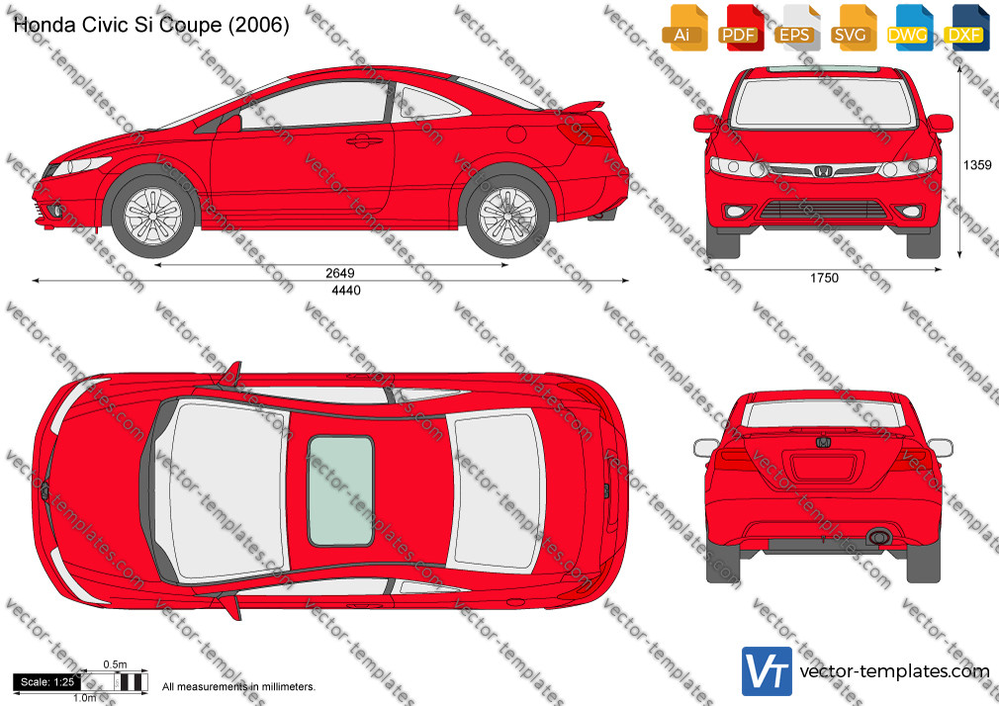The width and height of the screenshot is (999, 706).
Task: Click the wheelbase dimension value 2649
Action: (x=339, y=273)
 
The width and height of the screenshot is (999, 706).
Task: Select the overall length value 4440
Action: (x=346, y=290)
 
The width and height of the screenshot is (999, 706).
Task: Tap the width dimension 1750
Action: (x=824, y=278)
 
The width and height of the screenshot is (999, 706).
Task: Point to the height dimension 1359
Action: (x=976, y=165)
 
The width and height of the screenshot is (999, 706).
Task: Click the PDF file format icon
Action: (x=739, y=28)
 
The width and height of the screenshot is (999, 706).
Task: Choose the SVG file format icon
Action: (x=851, y=28)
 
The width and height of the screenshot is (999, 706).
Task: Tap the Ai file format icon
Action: (x=682, y=28)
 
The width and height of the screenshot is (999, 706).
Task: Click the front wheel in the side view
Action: (x=153, y=216)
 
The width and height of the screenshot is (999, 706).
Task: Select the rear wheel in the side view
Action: (x=507, y=216)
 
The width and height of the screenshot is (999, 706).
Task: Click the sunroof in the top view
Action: (x=341, y=490)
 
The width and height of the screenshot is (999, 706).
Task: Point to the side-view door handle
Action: (x=361, y=140)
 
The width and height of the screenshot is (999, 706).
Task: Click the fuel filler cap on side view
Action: (x=516, y=133)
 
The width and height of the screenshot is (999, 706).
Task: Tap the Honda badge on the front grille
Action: (x=823, y=171)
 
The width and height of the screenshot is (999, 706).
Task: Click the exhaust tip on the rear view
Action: (x=878, y=537)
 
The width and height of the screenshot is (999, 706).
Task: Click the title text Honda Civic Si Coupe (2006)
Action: (x=151, y=25)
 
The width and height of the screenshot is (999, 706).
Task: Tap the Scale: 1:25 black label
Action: (x=47, y=682)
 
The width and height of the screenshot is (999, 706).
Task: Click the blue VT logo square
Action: (x=768, y=671)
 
